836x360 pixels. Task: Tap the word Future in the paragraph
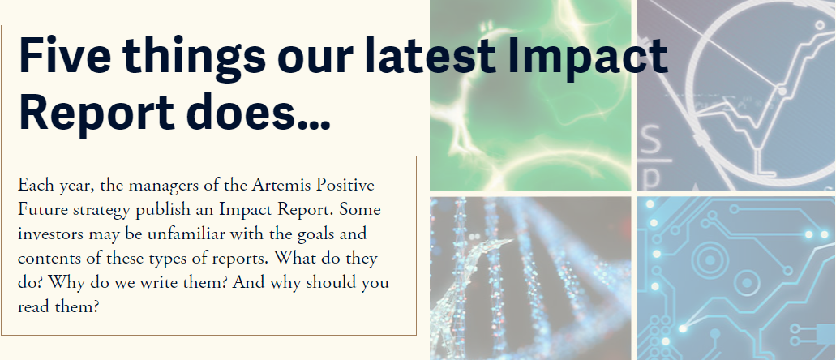40,210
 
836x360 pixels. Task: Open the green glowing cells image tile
530,96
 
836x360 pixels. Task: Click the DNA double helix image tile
530,277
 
